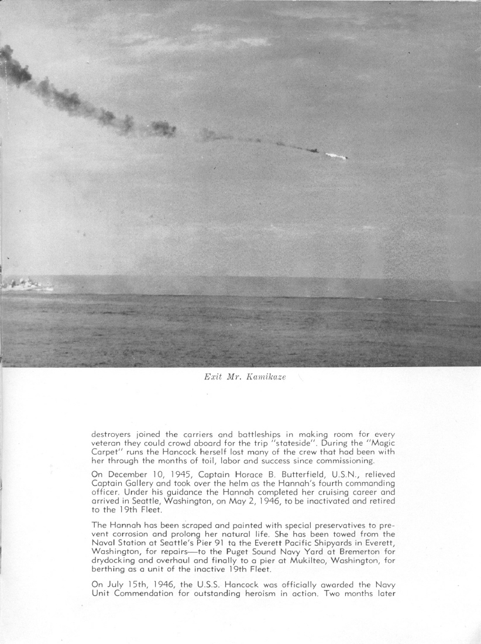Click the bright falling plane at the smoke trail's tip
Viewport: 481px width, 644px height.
click(x=336, y=156)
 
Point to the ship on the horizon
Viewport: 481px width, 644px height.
click(x=26, y=285)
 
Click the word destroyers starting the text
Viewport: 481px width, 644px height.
click(x=114, y=434)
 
